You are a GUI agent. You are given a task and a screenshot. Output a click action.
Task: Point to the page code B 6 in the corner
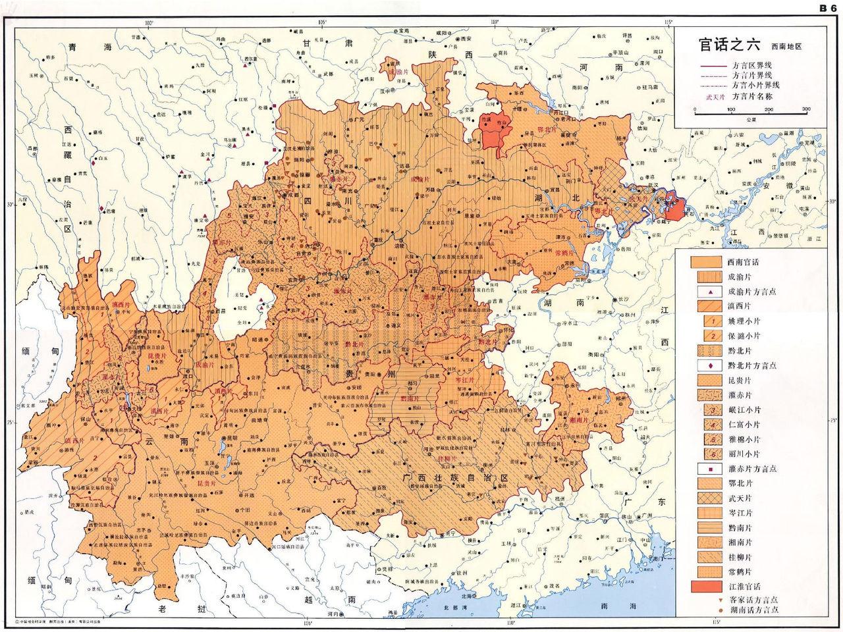(827, 8)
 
